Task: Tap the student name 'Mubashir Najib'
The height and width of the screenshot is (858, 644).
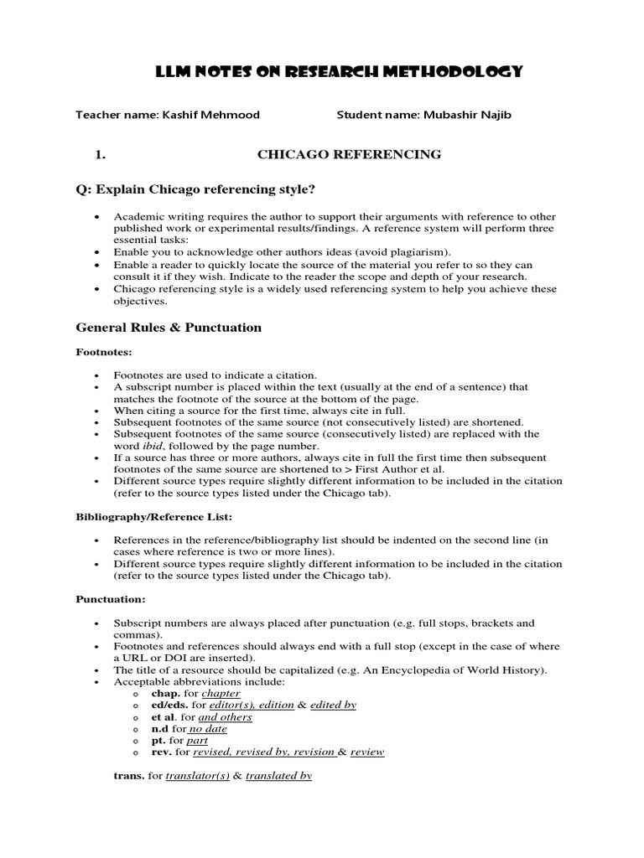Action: (x=469, y=115)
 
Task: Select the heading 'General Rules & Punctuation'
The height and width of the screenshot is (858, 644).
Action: (x=169, y=328)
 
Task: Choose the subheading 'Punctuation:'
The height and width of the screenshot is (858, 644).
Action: (x=111, y=600)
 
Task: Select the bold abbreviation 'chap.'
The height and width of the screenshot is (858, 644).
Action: (x=164, y=694)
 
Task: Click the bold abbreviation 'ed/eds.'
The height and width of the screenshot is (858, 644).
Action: (x=170, y=706)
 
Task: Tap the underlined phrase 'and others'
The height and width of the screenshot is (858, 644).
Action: (x=225, y=717)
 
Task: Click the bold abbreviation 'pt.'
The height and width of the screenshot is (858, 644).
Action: (x=158, y=741)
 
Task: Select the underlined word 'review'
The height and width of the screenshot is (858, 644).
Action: (x=367, y=752)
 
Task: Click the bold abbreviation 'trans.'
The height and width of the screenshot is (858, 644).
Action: (x=129, y=776)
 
